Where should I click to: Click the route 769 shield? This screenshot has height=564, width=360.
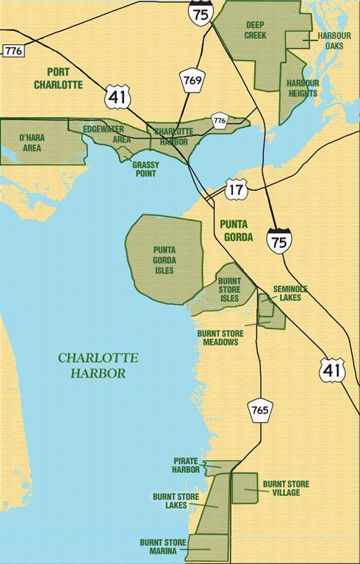[192, 80]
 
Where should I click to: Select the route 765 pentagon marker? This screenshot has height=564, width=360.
[260, 409]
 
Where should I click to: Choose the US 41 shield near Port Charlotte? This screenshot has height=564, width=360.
[115, 95]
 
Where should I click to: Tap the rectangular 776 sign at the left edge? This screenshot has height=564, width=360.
[12, 51]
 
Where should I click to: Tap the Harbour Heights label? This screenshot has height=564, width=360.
[302, 88]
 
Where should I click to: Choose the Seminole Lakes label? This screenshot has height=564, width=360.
[289, 293]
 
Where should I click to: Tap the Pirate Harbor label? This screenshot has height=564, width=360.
[186, 464]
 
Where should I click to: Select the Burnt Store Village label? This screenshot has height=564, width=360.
[286, 488]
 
